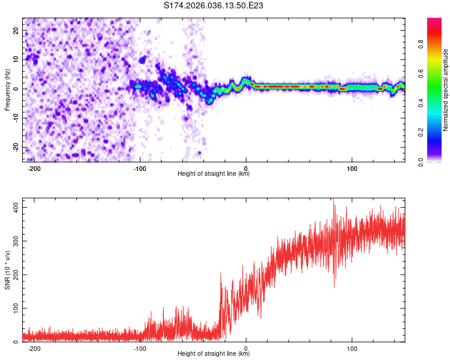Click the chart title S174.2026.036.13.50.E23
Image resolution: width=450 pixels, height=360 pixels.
tap(214, 6)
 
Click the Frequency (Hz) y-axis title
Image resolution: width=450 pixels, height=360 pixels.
tap(7, 89)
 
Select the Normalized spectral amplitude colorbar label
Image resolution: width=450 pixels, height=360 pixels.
tap(446, 89)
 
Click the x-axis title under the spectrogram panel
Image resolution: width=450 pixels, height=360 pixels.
tap(214, 174)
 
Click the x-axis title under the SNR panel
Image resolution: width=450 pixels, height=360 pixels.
tap(214, 354)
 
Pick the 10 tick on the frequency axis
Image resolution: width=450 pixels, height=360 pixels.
tap(16, 59)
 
